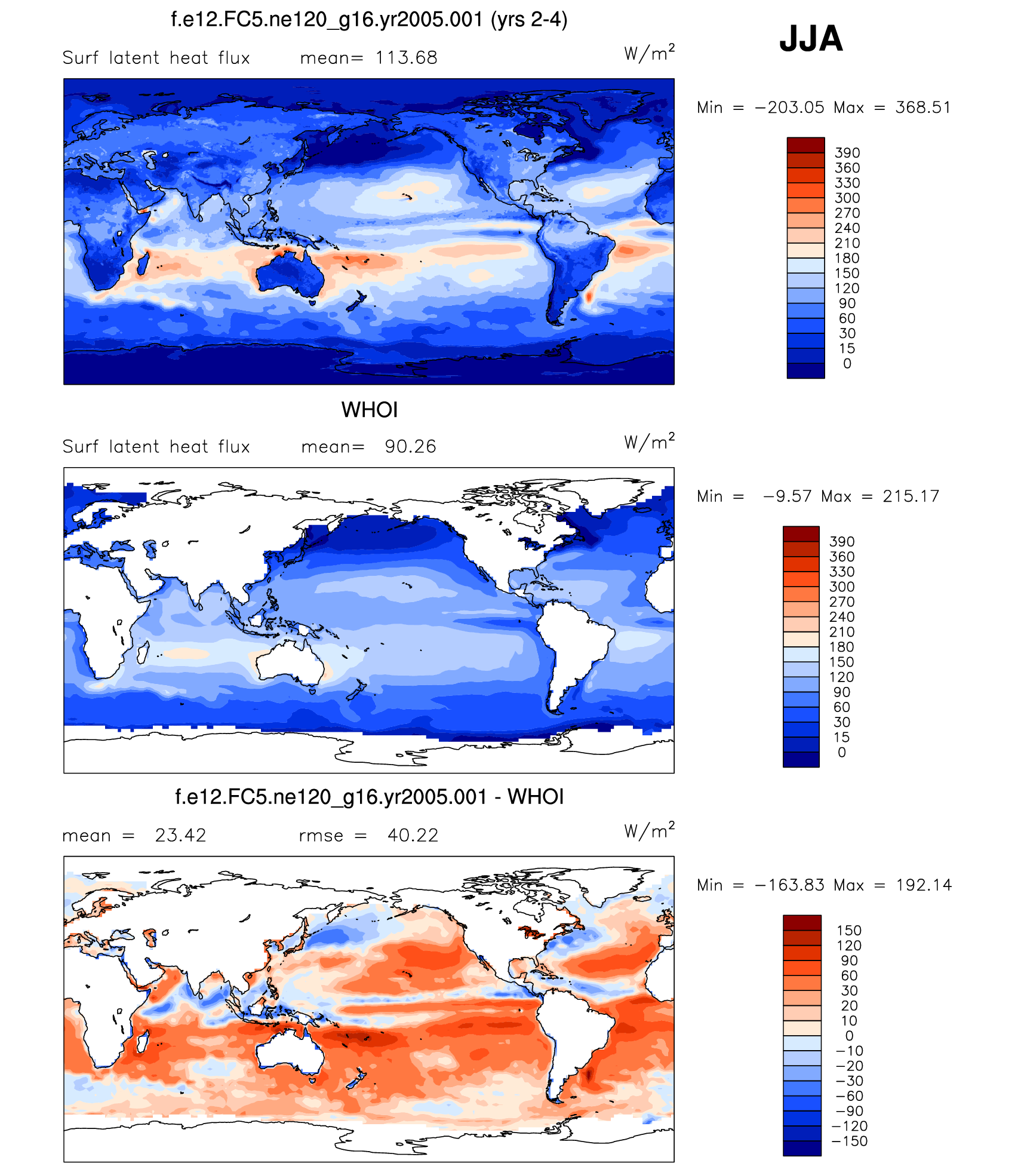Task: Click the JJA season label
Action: click(x=811, y=39)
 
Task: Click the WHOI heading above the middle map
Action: click(x=369, y=410)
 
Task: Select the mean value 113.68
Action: click(x=406, y=58)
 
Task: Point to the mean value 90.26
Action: click(x=410, y=447)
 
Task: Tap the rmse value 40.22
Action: click(x=413, y=835)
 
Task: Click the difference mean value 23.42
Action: click(x=180, y=835)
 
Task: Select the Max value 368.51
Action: click(x=922, y=108)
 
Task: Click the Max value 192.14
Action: click(x=924, y=885)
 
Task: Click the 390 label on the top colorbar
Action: click(x=847, y=153)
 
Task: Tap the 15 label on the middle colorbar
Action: click(x=841, y=737)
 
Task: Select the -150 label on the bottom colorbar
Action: click(x=849, y=1141)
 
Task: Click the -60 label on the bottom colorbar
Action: click(x=849, y=1096)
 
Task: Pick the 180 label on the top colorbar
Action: click(x=847, y=258)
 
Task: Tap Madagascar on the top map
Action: click(x=143, y=263)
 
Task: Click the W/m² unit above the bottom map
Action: click(x=649, y=830)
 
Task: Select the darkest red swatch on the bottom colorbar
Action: click(x=802, y=922)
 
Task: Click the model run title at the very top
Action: click(x=369, y=20)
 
